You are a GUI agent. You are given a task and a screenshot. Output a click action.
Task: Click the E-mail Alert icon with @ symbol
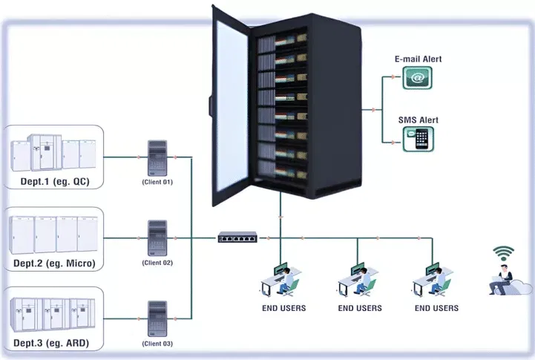[417, 77]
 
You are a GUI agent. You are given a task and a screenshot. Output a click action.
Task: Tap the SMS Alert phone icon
[419, 139]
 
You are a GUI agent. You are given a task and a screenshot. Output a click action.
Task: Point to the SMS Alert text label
[419, 120]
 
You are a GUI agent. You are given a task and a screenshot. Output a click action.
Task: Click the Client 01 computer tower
[157, 157]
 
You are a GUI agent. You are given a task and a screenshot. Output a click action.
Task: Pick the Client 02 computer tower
[157, 238]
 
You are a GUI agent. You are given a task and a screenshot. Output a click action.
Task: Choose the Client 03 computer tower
[157, 318]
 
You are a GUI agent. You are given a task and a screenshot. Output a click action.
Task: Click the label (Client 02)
[157, 263]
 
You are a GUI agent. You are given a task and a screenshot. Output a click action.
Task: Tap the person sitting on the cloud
[505, 281]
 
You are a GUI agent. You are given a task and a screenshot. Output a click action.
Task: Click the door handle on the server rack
[211, 100]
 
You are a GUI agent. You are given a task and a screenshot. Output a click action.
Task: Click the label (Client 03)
[157, 343]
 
